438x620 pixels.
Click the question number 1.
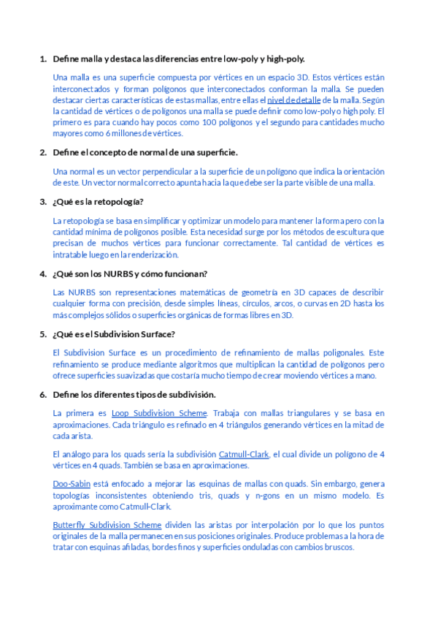pos(42,58)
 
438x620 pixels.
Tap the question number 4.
pos(42,274)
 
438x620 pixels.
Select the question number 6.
pos(42,395)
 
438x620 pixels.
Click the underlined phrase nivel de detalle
pos(293,99)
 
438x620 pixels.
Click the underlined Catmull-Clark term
pos(244,454)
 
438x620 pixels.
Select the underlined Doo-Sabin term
pos(72,484)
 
